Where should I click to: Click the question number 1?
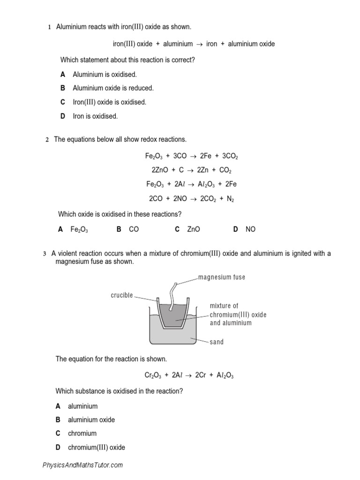pos(49,28)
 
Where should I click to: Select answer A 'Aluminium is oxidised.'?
pos(105,75)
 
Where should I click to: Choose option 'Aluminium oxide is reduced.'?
pos(113,88)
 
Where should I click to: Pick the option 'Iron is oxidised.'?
pos(95,116)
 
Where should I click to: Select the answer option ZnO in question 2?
pos(193,229)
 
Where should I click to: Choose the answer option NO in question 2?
pos(250,229)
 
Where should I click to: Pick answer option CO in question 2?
pos(134,229)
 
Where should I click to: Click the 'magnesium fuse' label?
pos(221,277)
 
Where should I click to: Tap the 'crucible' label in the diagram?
pos(122,295)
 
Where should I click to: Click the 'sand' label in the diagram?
pos(217,342)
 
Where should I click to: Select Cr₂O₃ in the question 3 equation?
pos(153,375)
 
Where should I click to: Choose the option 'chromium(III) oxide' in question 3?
pos(96,448)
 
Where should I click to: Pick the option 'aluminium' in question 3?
pos(82,406)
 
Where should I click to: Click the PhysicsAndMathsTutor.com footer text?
pos(82,465)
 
